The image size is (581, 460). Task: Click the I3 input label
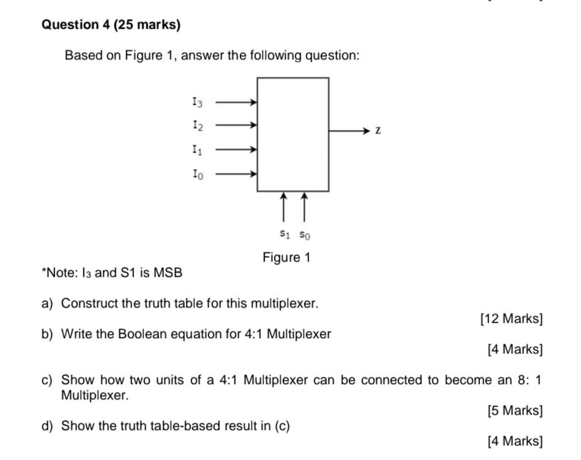196,102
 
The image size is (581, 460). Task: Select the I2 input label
196,126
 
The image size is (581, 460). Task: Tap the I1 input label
196,149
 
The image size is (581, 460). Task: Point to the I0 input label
196,174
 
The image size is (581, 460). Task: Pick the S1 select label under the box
283,233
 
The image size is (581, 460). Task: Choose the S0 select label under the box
305,234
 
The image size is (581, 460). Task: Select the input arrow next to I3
236,102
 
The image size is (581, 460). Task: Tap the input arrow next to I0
236,174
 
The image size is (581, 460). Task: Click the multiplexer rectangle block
293,134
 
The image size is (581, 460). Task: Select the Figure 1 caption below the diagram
287,257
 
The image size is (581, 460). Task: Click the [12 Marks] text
511,319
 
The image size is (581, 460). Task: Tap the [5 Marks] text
515,410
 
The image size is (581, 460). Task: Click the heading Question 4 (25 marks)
111,25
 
